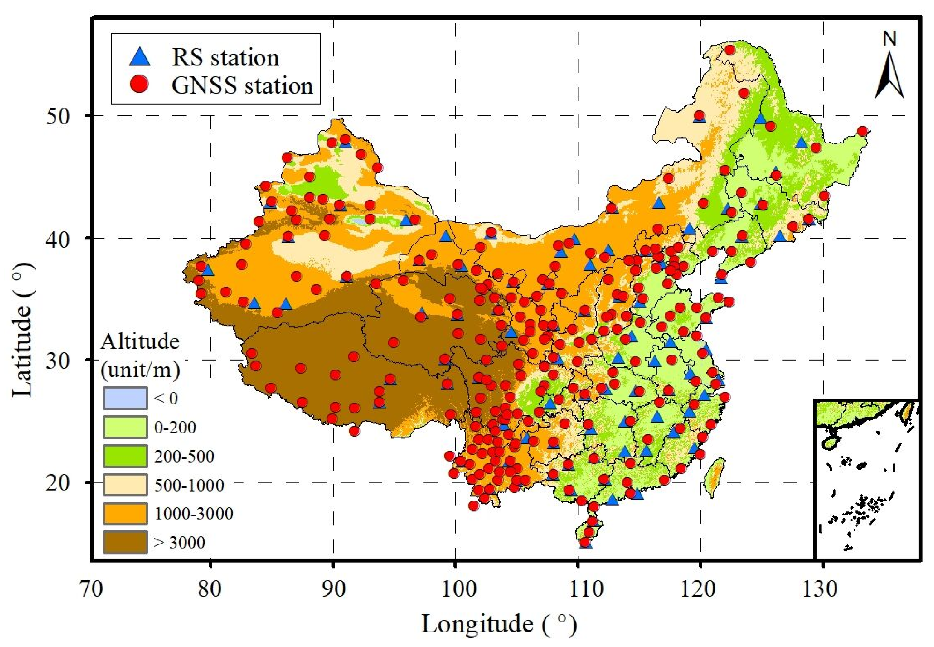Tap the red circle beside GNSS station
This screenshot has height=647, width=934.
coord(140,85)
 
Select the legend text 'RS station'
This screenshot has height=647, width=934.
coord(225,57)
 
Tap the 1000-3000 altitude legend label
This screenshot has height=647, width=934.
coord(194,513)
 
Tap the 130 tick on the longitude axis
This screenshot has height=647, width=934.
coord(823,589)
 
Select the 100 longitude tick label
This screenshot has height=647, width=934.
coord(456,589)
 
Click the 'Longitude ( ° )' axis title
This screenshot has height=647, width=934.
coord(499,624)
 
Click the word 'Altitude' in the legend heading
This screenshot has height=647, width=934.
coord(140,342)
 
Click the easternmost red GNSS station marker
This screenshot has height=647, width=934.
coord(862,131)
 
